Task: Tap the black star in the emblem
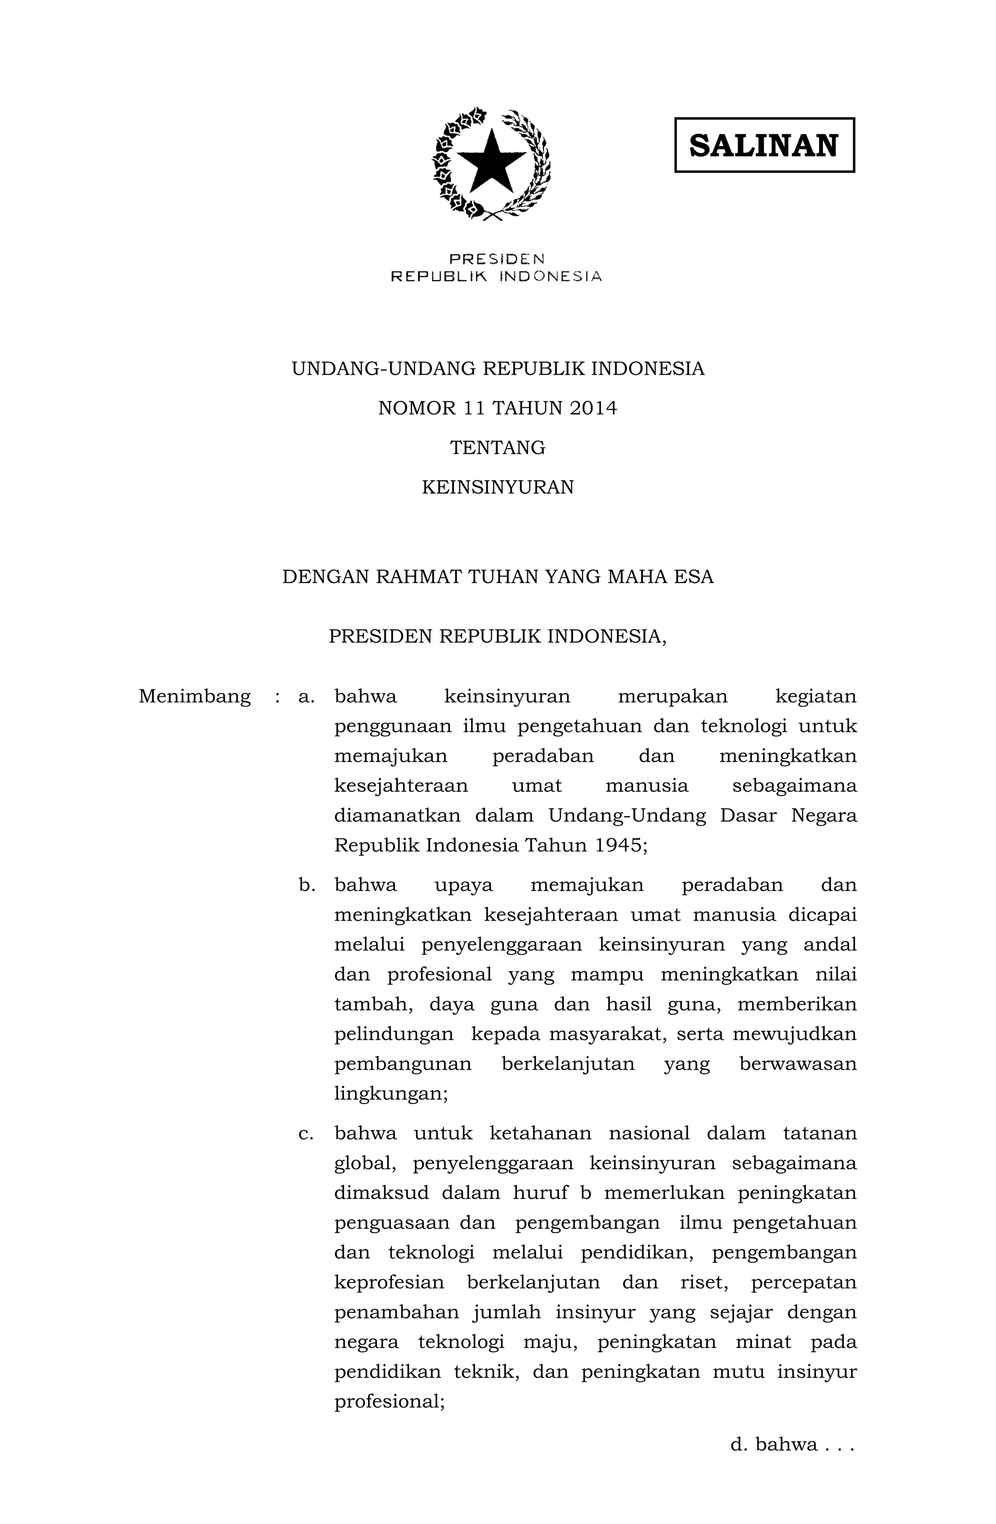[x=491, y=162]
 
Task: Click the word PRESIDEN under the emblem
[x=497, y=259]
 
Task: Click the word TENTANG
[x=498, y=448]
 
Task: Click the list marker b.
[x=306, y=885]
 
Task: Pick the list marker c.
[x=306, y=1133]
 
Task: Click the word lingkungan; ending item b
[x=391, y=1094]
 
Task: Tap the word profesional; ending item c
[x=389, y=1402]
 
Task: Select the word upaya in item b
[x=463, y=885]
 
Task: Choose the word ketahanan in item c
[x=540, y=1133]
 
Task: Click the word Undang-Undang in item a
[x=627, y=816]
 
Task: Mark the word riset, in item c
[x=703, y=1283]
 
